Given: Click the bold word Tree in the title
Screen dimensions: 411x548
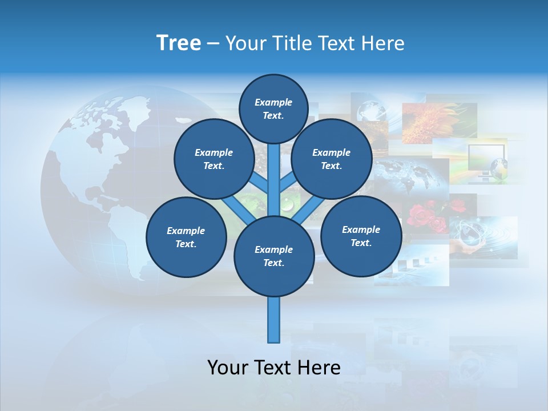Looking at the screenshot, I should pyautogui.click(x=178, y=43).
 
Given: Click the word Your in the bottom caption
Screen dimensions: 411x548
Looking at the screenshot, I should pyautogui.click(x=228, y=367).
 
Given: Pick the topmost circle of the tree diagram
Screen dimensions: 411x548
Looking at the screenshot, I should pyautogui.click(x=273, y=108).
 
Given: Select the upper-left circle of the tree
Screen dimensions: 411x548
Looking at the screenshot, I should pyautogui.click(x=214, y=159).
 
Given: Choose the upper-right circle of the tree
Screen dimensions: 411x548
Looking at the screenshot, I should pyautogui.click(x=332, y=159).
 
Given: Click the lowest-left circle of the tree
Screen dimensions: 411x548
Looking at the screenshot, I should pyautogui.click(x=186, y=237).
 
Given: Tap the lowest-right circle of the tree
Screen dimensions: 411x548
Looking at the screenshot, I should pyautogui.click(x=361, y=236).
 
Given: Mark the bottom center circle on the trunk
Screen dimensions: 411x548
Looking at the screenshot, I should pyautogui.click(x=274, y=256).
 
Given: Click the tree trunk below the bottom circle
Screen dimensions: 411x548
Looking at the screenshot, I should pyautogui.click(x=274, y=320).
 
